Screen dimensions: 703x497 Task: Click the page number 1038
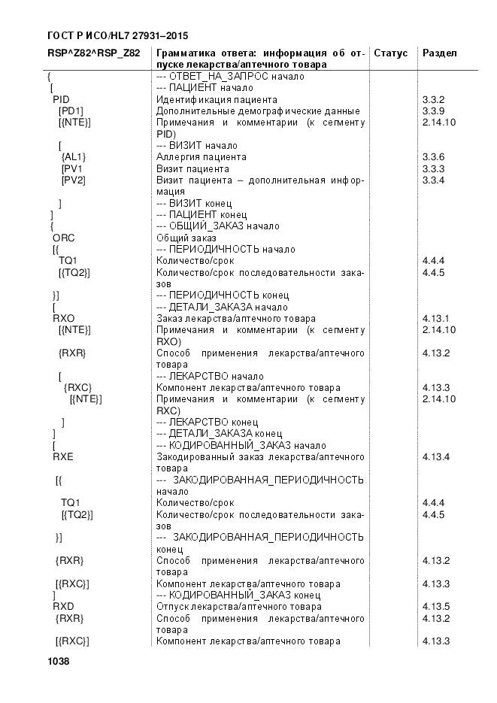pos(59,661)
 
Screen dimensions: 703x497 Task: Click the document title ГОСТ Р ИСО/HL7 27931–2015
pos(117,35)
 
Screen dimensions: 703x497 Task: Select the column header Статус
pos(390,53)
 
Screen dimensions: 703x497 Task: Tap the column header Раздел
pos(439,53)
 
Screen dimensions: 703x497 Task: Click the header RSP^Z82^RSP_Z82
pos(93,53)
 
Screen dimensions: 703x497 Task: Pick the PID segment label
pos(61,99)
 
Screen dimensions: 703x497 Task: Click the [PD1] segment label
pos(71,111)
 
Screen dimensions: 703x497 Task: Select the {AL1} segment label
pos(74,157)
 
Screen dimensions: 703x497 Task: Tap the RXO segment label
pos(63,318)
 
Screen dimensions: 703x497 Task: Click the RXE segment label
pos(63,456)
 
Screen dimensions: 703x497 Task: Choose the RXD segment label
pos(63,606)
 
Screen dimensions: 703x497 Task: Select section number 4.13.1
pos(436,318)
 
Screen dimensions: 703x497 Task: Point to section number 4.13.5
pos(436,606)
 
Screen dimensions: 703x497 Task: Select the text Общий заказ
pos(181,238)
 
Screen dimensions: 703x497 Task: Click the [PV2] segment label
pos(73,180)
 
